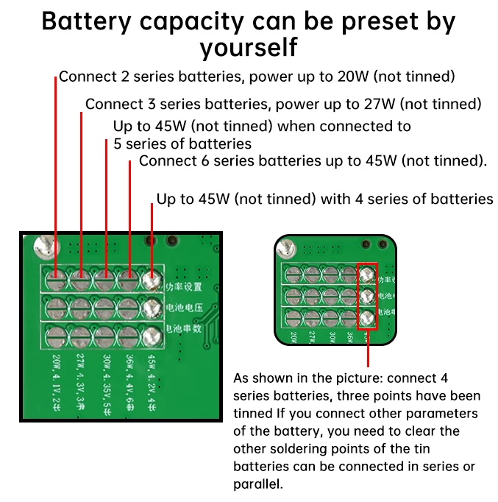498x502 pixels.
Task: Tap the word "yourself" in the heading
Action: (x=248, y=48)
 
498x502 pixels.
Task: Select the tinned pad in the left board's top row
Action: (x=152, y=280)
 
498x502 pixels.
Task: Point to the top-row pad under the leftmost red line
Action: (x=55, y=280)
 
